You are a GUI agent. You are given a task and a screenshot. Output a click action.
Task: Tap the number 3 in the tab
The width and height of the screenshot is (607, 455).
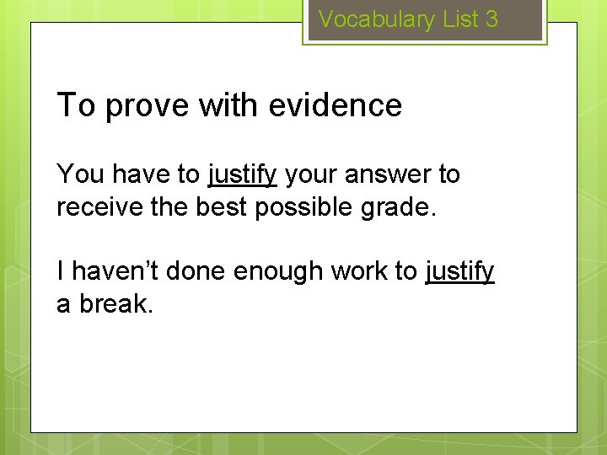click(x=492, y=19)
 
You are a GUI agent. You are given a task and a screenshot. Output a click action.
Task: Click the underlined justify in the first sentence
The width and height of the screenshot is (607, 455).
click(x=242, y=175)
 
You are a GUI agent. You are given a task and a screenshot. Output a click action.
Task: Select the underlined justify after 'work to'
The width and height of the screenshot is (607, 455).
click(x=459, y=272)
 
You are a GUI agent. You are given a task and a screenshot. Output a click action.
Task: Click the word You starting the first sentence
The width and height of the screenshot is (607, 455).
click(x=80, y=174)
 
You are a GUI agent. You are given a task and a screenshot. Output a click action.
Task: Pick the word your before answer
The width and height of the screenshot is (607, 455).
click(x=313, y=175)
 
